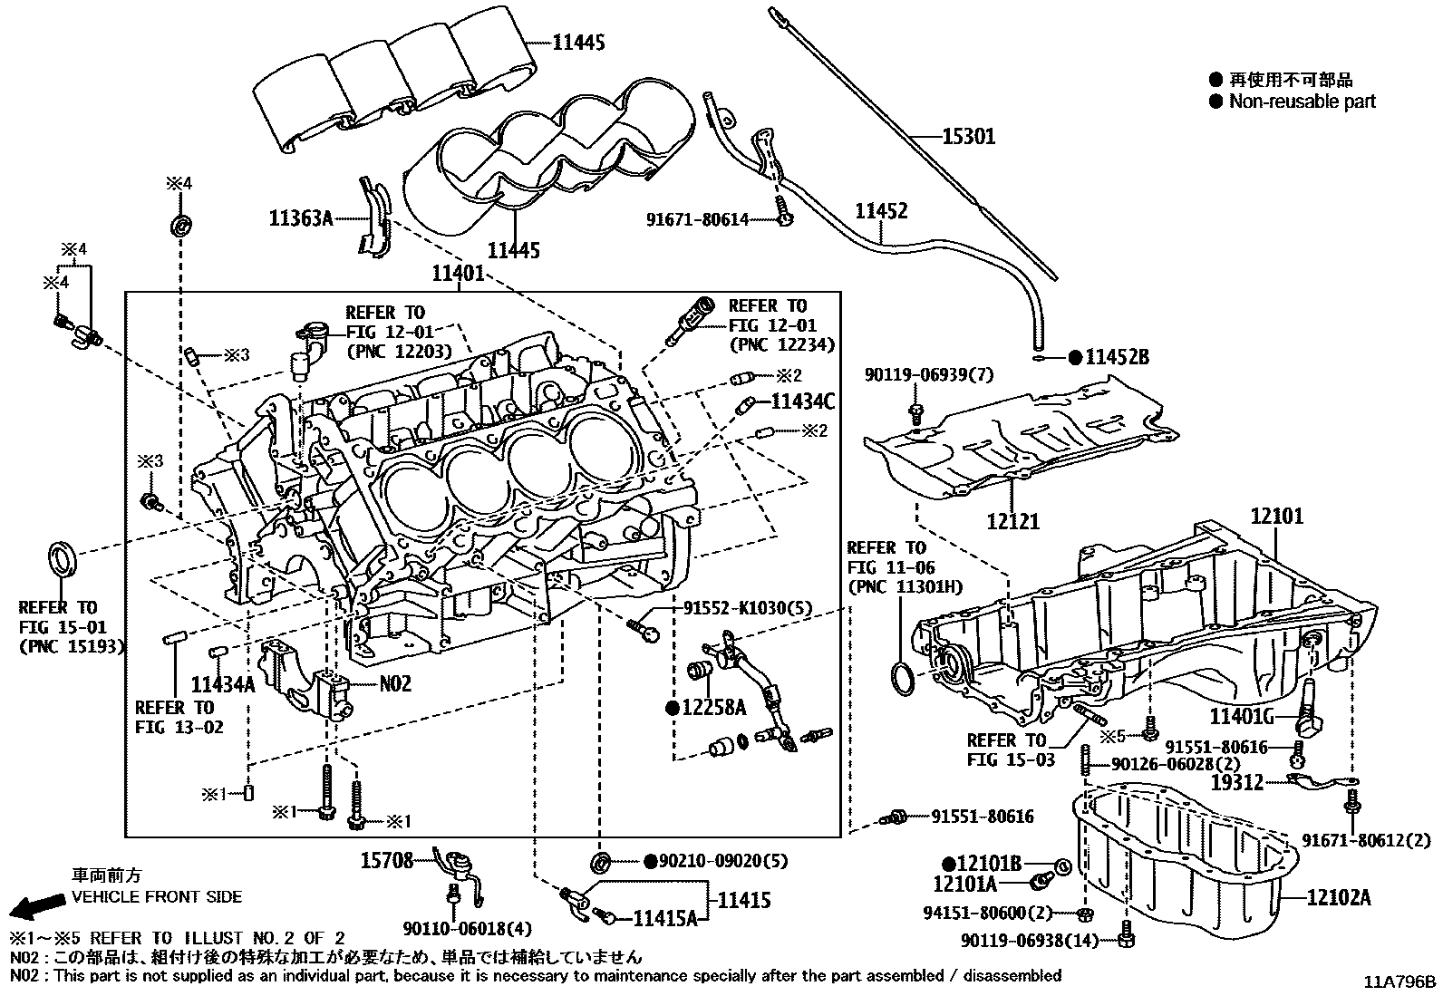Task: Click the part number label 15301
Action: pyautogui.click(x=968, y=137)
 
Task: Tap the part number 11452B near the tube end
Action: pyautogui.click(x=1117, y=357)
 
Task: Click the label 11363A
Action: pyautogui.click(x=300, y=218)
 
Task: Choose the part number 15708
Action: pyautogui.click(x=388, y=860)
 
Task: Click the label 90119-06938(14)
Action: pyautogui.click(x=1030, y=942)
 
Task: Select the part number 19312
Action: pyautogui.click(x=1238, y=780)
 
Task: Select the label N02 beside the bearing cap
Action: pyautogui.click(x=394, y=683)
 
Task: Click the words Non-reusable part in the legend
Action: pyautogui.click(x=1302, y=102)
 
